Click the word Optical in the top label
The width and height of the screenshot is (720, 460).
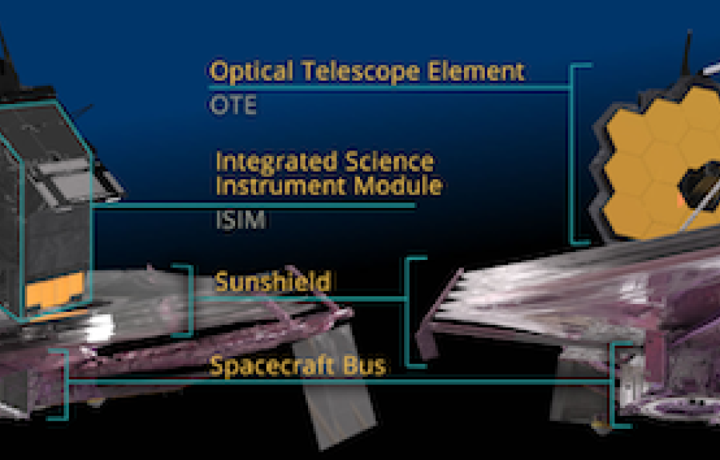coord(251,72)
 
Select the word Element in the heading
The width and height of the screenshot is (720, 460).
coord(476,72)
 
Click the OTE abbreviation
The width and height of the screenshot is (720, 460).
coord(233,105)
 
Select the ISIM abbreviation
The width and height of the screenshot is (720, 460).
coord(241,220)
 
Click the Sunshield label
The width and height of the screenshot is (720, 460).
coord(273,281)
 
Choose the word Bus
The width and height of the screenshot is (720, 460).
coord(364,366)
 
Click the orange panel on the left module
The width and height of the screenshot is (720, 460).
coord(55,290)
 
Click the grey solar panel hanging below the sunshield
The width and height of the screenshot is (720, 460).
coord(338,386)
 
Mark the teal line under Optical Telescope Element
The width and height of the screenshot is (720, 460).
coord(390,87)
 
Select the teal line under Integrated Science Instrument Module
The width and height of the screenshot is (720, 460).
coord(254,206)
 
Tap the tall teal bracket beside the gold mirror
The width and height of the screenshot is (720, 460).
coord(573,154)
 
